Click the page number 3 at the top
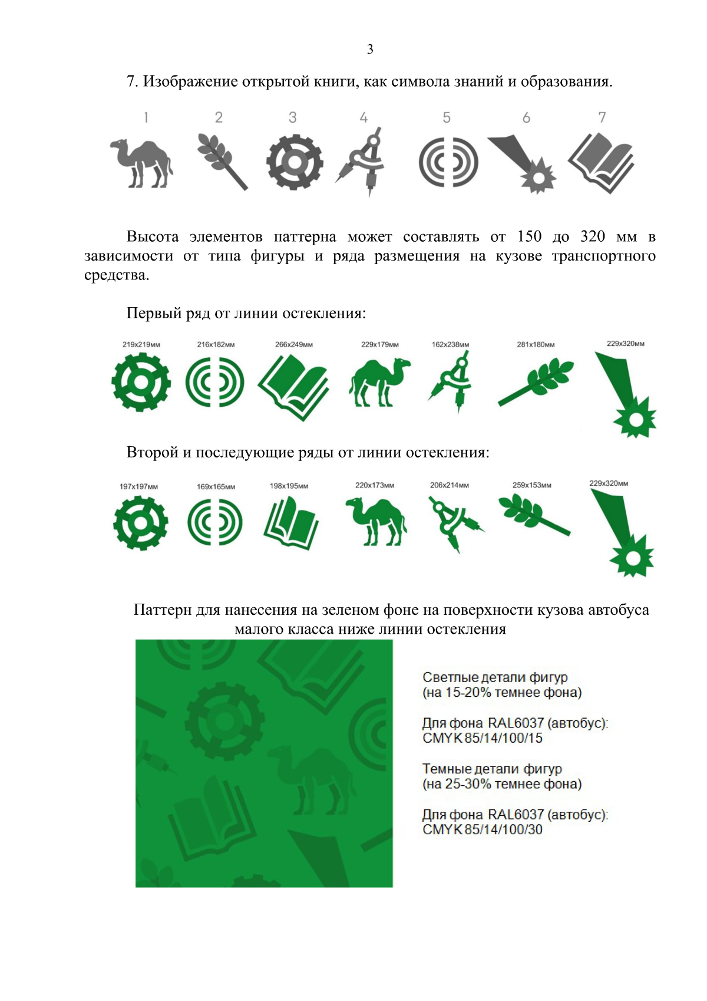(370, 49)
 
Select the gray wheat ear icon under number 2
(222, 162)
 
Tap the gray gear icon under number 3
(295, 162)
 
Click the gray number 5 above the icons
(446, 117)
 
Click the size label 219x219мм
(141, 344)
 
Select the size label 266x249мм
(294, 344)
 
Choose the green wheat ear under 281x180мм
(536, 383)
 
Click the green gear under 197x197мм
(141, 523)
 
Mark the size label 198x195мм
(289, 486)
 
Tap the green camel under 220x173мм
(376, 522)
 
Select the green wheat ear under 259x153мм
(534, 515)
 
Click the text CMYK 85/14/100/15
(483, 738)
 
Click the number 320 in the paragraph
(593, 236)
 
